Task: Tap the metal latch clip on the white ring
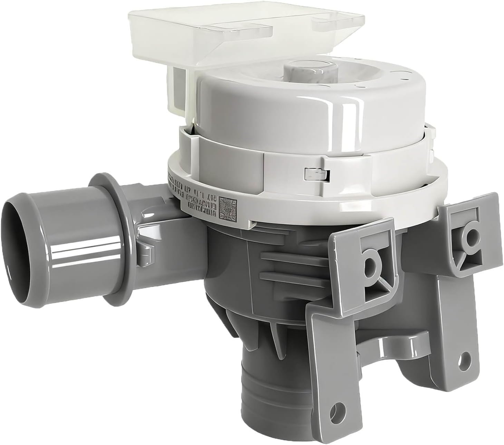[x=316, y=173]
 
